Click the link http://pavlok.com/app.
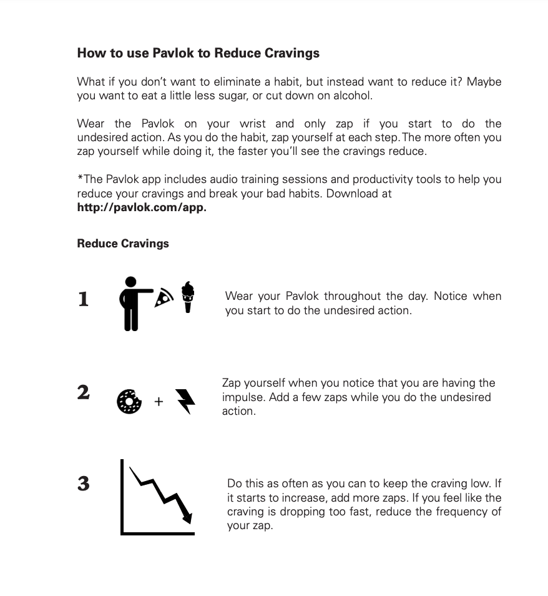point(141,207)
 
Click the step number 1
point(83,299)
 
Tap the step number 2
point(83,392)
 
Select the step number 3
point(83,483)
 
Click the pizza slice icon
point(164,297)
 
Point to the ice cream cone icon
point(187,297)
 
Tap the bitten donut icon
point(129,401)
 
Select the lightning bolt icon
point(185,401)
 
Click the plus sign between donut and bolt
point(159,402)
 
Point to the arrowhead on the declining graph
point(187,517)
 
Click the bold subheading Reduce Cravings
point(123,243)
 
